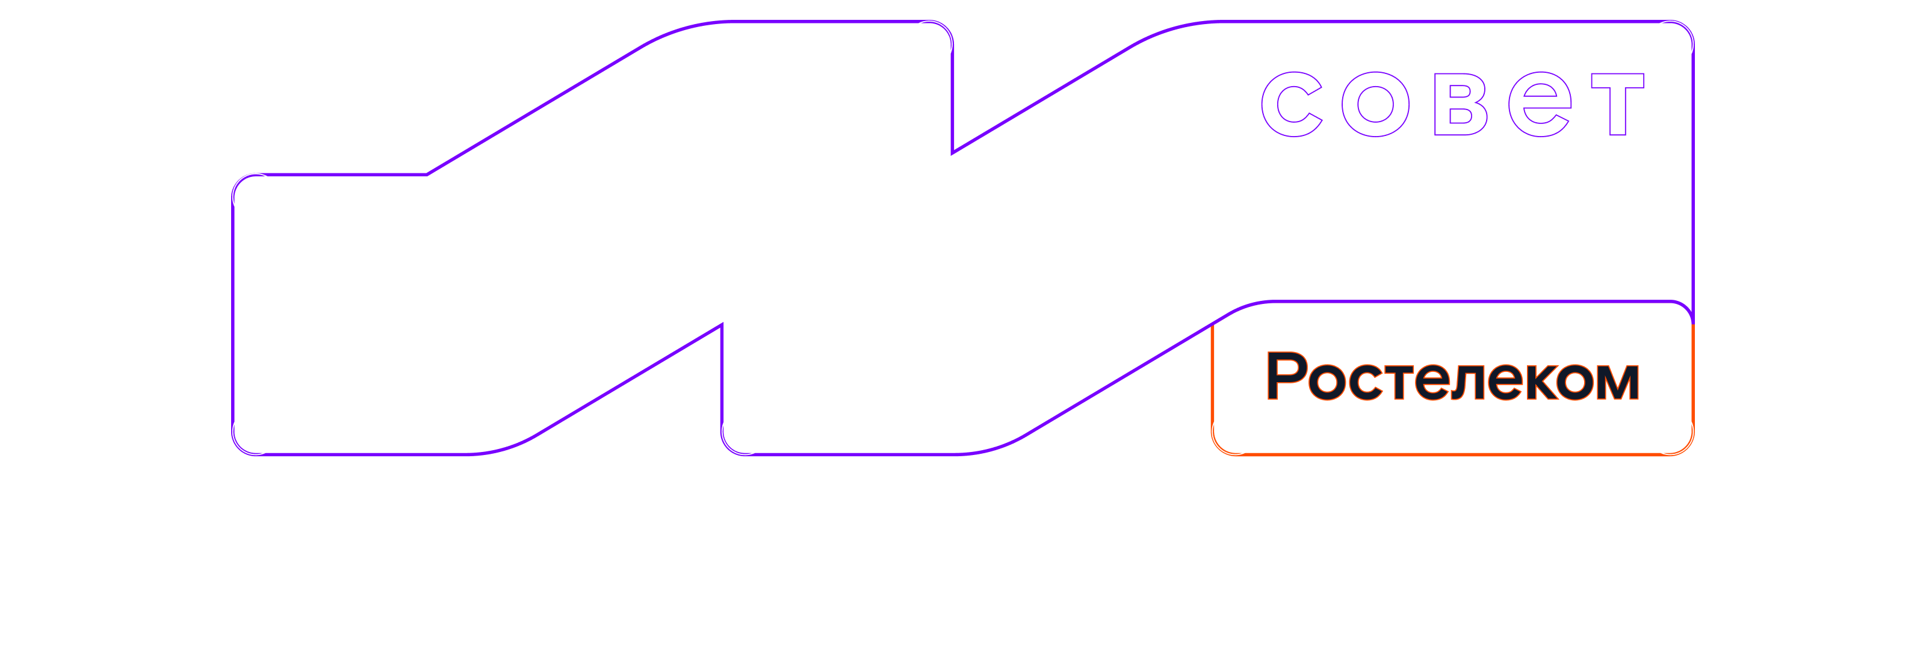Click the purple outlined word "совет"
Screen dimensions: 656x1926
(1453, 105)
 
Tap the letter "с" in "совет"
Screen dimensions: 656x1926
(1292, 105)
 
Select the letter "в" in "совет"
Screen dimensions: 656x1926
(1460, 105)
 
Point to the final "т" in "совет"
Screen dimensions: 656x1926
(1618, 105)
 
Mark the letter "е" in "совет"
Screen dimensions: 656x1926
(1540, 105)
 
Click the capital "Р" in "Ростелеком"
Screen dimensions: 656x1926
(1286, 376)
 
